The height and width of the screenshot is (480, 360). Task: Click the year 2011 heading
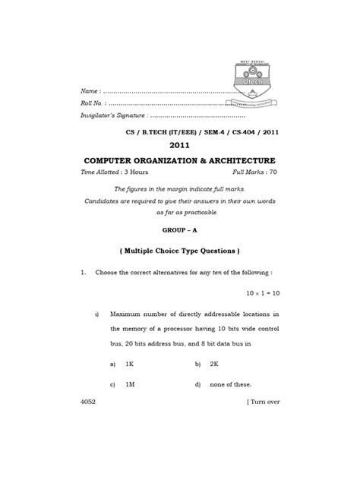[180, 145]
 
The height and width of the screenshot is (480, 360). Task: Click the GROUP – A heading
[180, 228]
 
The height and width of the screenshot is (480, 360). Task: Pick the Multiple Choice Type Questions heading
[180, 251]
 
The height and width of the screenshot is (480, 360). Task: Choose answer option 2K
[215, 364]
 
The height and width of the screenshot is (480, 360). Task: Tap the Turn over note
[262, 402]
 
